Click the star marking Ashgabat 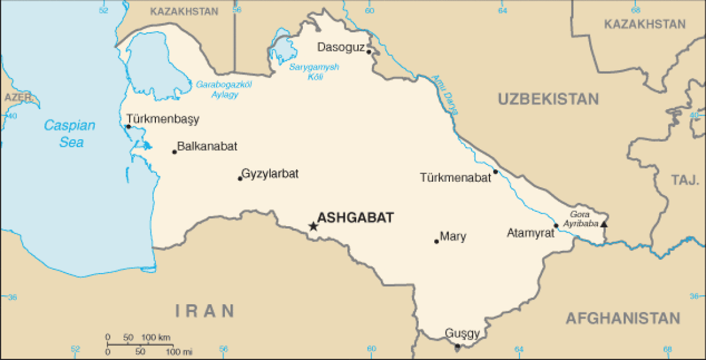click(313, 226)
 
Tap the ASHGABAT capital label click(355, 218)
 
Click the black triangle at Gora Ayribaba click(604, 224)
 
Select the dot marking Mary click(437, 241)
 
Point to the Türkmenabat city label click(455, 178)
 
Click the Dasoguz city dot click(369, 52)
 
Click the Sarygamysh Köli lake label click(314, 71)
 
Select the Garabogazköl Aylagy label click(224, 89)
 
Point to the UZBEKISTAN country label click(548, 100)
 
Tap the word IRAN click(205, 310)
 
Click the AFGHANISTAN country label click(623, 318)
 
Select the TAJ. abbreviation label click(685, 179)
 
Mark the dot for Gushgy click(458, 346)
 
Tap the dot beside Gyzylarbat click(240, 178)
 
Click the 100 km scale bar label click(157, 337)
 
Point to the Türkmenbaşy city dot click(128, 127)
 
